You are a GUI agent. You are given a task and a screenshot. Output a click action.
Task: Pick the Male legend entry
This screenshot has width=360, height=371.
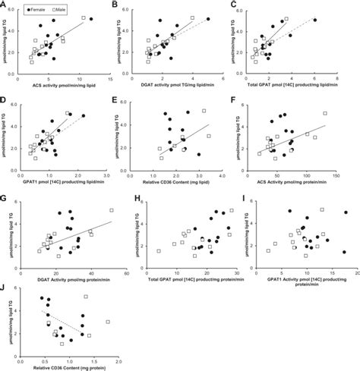(x=70, y=6)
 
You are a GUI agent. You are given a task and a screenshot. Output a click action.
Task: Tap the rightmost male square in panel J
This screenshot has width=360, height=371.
(x=108, y=322)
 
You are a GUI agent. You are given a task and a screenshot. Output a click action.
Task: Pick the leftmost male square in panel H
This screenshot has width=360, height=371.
(x=158, y=250)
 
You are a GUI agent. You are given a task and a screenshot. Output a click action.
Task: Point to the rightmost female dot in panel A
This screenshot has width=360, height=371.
(x=92, y=18)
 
